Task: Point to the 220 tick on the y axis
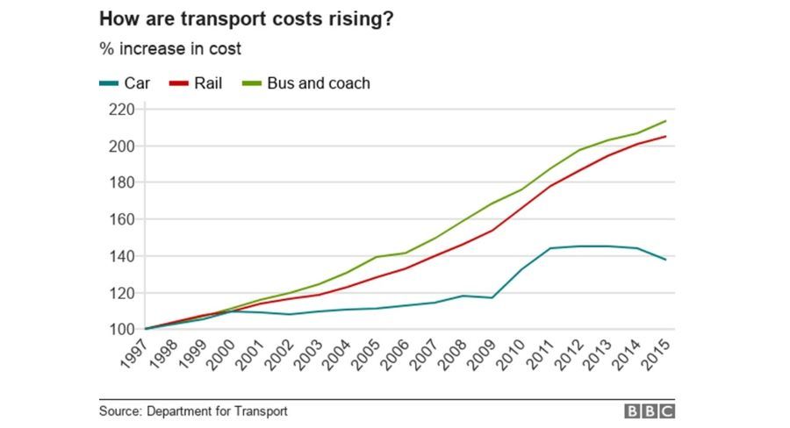coord(121,110)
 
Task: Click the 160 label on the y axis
coord(121,219)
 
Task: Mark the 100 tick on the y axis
coord(121,329)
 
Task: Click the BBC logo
coord(649,410)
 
